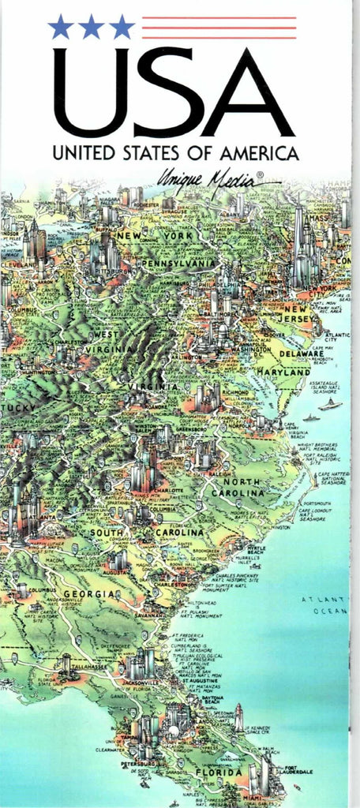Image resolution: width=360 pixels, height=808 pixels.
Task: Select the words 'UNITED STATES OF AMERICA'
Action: coord(174,152)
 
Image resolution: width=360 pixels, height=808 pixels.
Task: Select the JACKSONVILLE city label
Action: coord(142,682)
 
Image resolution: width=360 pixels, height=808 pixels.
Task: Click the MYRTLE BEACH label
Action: coord(257,548)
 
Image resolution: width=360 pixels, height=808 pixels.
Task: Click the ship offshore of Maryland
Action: coord(330,404)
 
